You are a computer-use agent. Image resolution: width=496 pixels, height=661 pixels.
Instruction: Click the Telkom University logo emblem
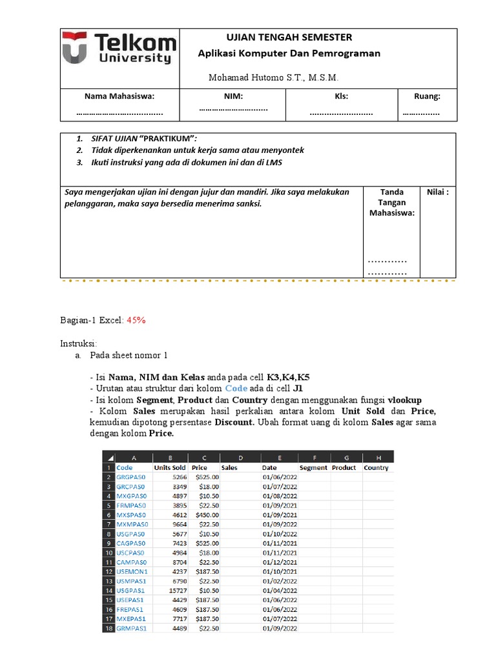[76, 49]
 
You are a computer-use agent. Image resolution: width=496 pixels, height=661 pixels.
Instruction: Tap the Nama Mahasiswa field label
[119, 96]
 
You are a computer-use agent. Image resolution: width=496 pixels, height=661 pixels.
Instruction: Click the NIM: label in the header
[233, 96]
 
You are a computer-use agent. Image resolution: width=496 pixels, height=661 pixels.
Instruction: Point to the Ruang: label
[427, 96]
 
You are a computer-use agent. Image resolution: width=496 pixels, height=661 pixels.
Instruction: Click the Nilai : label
[438, 192]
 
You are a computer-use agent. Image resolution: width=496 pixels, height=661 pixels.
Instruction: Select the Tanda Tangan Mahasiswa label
[391, 202]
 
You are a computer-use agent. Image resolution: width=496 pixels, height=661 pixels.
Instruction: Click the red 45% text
[136, 320]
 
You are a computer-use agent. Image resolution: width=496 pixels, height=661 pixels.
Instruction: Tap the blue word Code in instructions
[236, 388]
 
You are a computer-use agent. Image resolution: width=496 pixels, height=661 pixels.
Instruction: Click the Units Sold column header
[170, 467]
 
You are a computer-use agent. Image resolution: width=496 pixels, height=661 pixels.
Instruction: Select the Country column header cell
[376, 467]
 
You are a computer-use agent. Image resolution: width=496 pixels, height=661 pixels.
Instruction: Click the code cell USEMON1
[132, 571]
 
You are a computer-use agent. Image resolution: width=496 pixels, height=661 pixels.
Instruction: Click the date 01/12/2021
[280, 562]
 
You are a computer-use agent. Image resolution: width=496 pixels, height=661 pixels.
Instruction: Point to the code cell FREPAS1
[130, 609]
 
